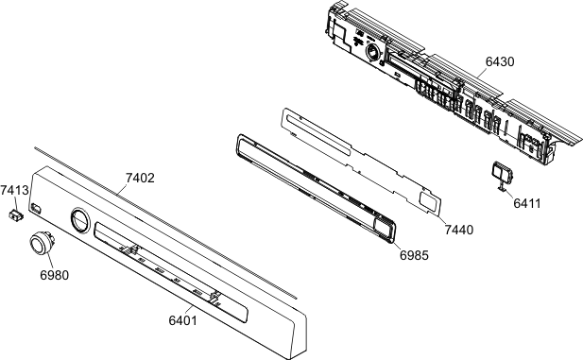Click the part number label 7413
tap(14, 190)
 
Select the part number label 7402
tap(140, 178)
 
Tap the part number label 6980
tap(54, 275)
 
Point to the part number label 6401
tap(182, 319)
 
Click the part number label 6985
tap(414, 255)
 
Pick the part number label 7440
tap(459, 230)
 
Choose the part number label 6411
tap(527, 203)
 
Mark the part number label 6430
tap(500, 61)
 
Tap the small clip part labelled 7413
tap(16, 214)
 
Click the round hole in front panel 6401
tap(80, 221)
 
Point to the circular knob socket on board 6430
tap(372, 52)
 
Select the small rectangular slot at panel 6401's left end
tap(36, 208)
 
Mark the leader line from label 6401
tap(189, 310)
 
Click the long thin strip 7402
tap(165, 222)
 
